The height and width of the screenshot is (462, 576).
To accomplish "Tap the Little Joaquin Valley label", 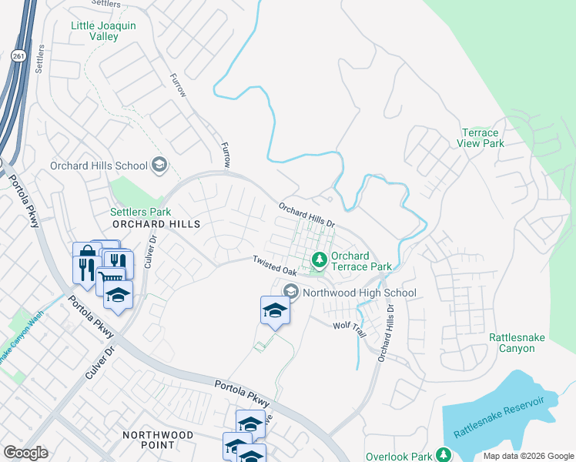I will click(103, 31).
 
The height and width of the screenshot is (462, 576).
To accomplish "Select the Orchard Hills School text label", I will click(99, 166).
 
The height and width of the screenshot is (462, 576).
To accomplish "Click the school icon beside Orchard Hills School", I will click(159, 164).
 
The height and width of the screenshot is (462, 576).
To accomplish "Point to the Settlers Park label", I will click(140, 212).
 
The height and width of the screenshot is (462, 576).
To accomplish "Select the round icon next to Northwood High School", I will click(291, 292).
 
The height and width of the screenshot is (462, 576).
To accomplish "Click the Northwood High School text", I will click(359, 293).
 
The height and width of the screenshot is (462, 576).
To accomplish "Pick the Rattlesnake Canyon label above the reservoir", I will click(511, 343).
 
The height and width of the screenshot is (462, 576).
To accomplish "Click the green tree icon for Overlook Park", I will click(443, 456).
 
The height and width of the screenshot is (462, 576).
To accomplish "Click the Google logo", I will click(25, 453).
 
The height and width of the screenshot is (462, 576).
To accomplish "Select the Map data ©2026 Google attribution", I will click(527, 456).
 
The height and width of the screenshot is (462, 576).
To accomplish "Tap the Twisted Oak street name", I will click(275, 266).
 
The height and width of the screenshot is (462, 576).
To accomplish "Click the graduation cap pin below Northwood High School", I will click(275, 311).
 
